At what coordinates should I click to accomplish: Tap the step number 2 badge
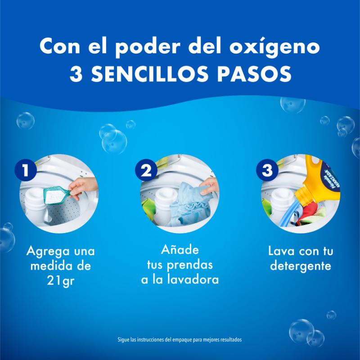click(146, 170)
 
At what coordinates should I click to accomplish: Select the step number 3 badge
click(267, 170)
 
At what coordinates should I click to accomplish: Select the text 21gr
click(60, 281)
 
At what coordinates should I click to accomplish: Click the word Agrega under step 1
click(47, 251)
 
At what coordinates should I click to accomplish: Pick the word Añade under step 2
click(180, 249)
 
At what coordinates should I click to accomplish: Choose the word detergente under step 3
click(300, 266)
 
